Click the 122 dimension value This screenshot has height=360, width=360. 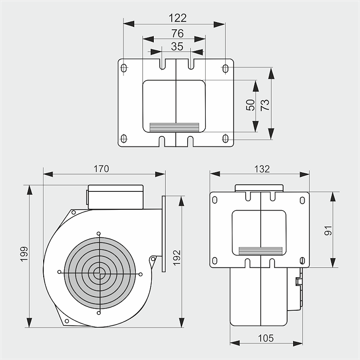pyautogui.click(x=177, y=18)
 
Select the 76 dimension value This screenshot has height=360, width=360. pyautogui.click(x=177, y=33)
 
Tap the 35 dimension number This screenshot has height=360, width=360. pyautogui.click(x=177, y=47)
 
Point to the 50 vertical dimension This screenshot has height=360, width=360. pyautogui.click(x=250, y=105)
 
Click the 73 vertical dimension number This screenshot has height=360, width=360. pyautogui.click(x=265, y=105)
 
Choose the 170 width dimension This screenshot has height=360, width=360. pyautogui.click(x=101, y=169)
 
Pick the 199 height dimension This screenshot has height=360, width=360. pyautogui.click(x=24, y=254)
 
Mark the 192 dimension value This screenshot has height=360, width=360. pyautogui.click(x=177, y=258)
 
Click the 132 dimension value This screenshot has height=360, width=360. pyautogui.click(x=262, y=169)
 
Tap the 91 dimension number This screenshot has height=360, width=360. pyautogui.click(x=328, y=230)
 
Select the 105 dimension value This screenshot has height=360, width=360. pyautogui.click(x=266, y=338)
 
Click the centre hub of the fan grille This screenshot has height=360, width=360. pyautogui.click(x=99, y=273)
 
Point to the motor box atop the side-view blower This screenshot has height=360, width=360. pyautogui.click(x=116, y=197)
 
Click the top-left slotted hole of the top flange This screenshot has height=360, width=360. pyautogui.click(x=124, y=68)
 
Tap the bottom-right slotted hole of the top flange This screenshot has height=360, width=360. pyautogui.click(x=225, y=139)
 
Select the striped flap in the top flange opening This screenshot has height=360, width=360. pyautogui.click(x=174, y=128)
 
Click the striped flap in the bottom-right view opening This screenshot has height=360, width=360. pyautogui.click(x=260, y=251)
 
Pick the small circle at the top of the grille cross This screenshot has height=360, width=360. pyautogui.click(x=99, y=233)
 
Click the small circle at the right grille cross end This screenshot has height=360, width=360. pyautogui.click(x=141, y=274)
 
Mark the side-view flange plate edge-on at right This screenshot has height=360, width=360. pyautogui.click(x=164, y=233)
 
